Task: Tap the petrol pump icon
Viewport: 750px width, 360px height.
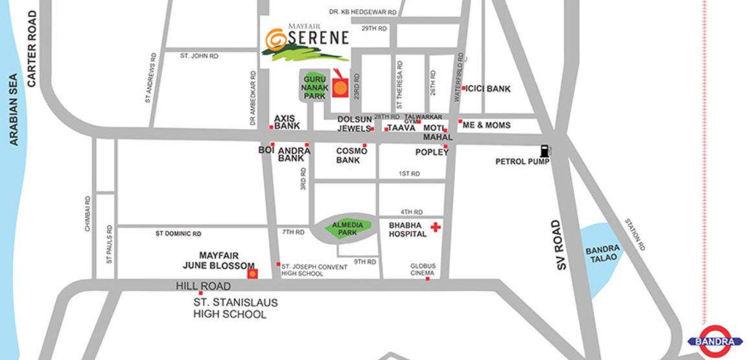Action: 545,150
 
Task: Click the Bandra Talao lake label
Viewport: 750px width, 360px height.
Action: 602,254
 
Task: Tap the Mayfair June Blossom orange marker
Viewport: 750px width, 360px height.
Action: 252,274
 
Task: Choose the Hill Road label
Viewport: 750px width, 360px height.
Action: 203,286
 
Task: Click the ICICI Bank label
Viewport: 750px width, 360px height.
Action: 489,89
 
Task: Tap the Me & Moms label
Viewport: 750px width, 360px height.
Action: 486,125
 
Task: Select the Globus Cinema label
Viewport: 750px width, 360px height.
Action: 423,270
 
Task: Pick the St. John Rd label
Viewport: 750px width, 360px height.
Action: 199,56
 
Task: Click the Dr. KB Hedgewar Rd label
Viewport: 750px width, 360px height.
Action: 362,12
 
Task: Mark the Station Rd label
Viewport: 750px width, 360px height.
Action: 635,234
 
